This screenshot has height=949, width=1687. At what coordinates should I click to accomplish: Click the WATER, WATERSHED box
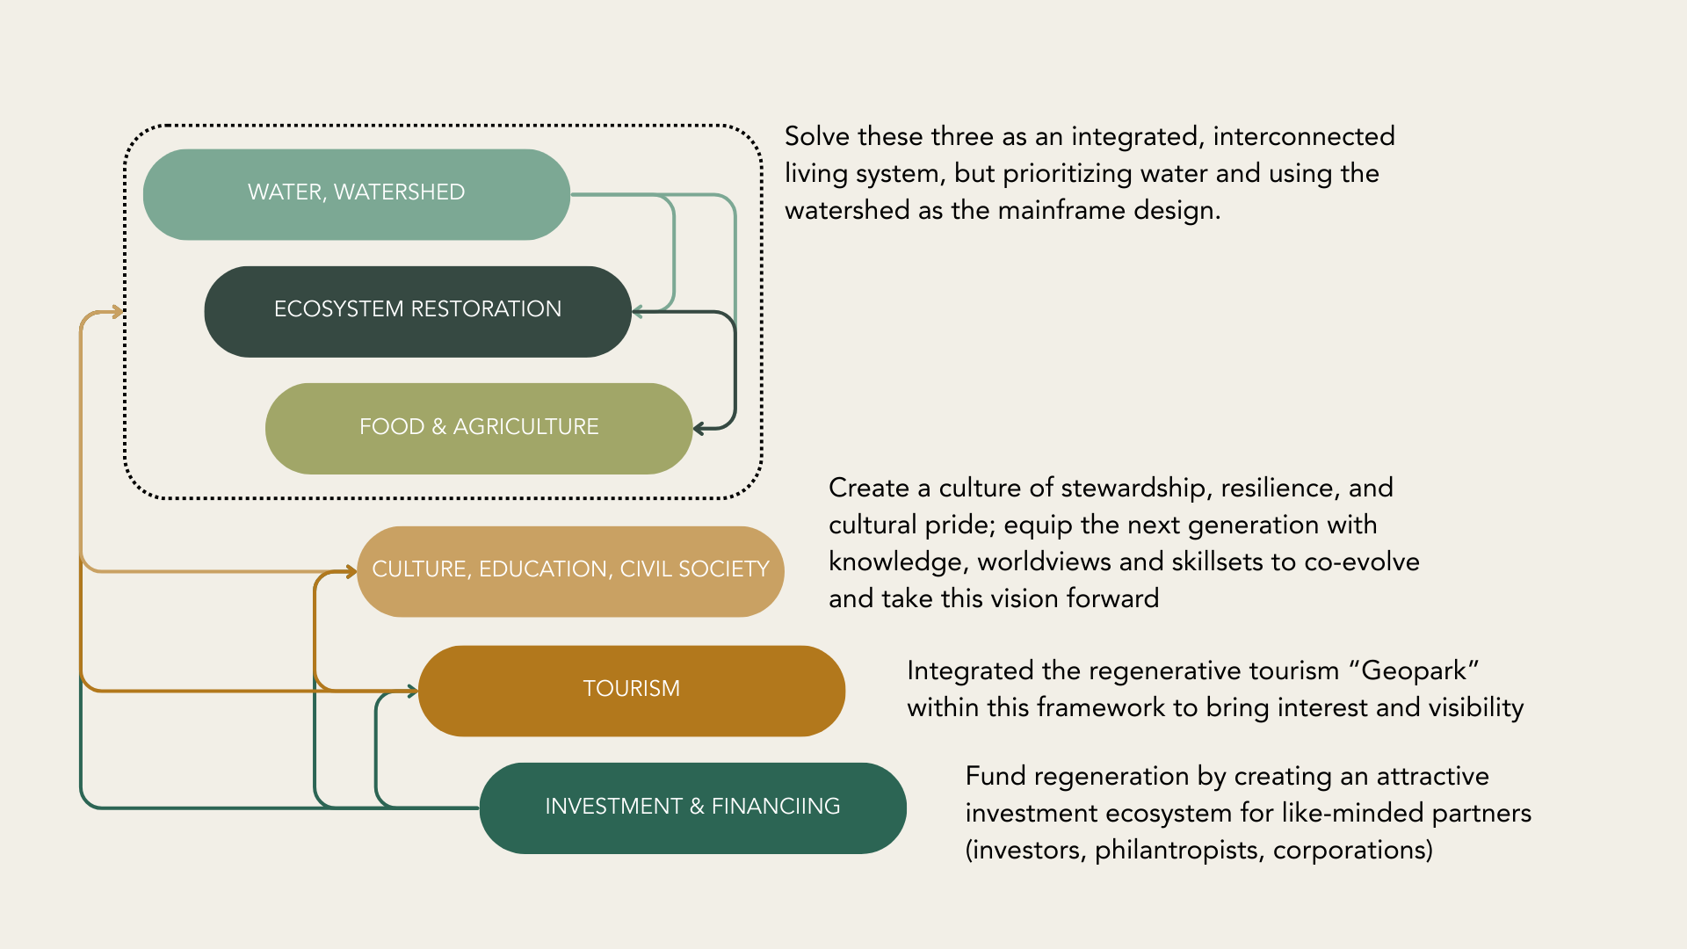click(x=356, y=193)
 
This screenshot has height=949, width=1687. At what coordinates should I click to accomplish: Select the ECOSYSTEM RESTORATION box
click(x=417, y=310)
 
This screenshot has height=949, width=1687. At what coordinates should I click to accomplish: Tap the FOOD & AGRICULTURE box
click(x=479, y=428)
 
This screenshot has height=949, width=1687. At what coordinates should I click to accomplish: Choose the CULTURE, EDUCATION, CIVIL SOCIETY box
click(x=570, y=570)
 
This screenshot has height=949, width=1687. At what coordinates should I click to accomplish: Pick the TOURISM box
click(x=631, y=690)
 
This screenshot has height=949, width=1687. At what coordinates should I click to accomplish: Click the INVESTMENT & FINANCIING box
click(x=692, y=808)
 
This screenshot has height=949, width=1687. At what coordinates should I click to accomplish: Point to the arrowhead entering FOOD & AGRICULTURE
click(x=699, y=429)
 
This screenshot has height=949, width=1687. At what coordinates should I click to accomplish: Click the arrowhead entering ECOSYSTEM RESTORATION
click(x=637, y=312)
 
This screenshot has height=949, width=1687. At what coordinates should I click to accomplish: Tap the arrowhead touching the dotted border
click(x=118, y=312)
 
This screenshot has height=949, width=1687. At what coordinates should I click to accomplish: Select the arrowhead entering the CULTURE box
click(x=351, y=572)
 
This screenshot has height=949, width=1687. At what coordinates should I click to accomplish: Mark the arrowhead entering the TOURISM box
click(x=412, y=692)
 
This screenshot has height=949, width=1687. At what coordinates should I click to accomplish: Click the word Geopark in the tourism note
click(x=1413, y=671)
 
